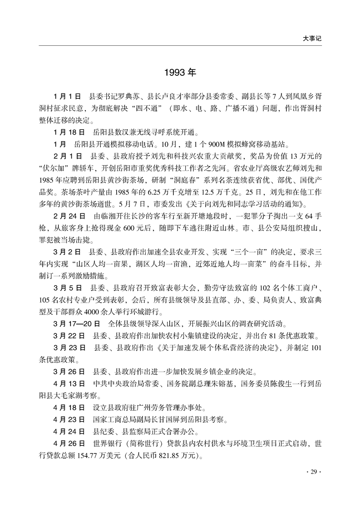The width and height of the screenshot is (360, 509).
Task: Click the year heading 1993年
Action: pos(180,73)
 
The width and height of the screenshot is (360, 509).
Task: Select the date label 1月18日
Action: pos(69,133)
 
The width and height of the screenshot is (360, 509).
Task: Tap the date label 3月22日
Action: pos(69,336)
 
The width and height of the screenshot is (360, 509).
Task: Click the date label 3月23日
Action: pos(69,348)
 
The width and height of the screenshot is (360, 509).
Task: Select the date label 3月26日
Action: pos(69,372)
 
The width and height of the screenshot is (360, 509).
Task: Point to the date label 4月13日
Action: pos(69,384)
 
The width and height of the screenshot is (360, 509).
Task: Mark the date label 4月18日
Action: pos(69,407)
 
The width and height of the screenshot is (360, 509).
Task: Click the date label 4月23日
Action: pos(69,420)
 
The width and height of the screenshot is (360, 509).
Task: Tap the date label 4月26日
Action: pos(69,443)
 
